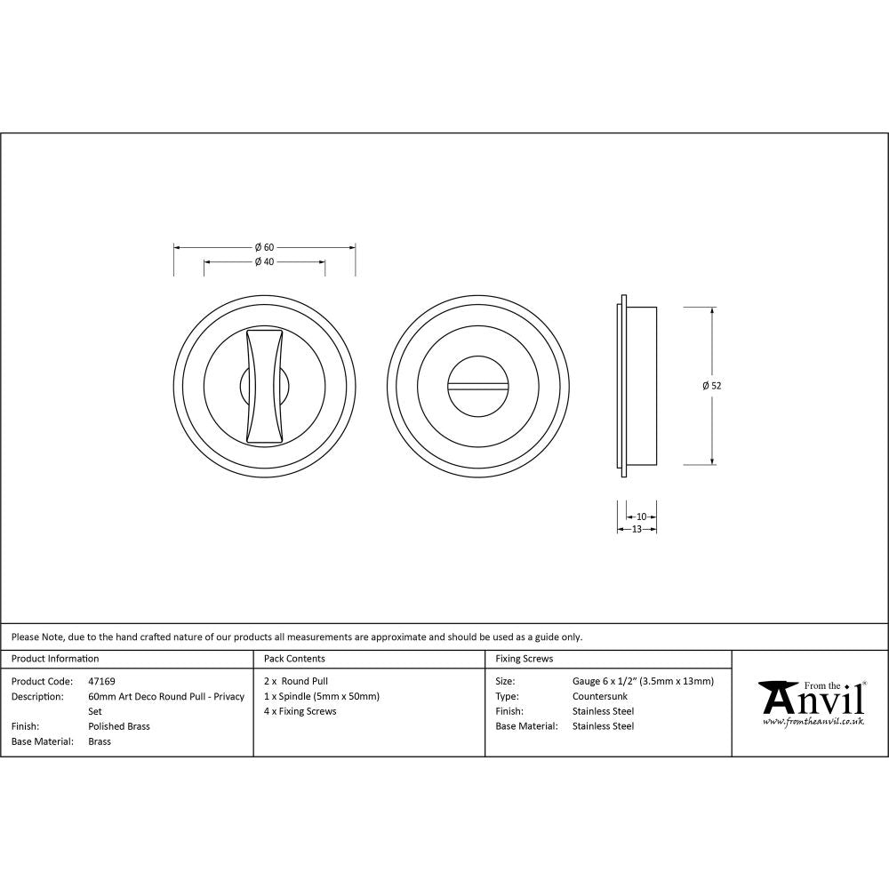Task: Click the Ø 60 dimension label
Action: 263,246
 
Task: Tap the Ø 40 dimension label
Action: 263,262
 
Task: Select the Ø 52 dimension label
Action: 710,386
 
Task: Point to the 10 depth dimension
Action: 641,517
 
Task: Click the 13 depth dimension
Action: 637,529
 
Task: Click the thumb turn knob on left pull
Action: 265,385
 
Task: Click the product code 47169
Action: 101,681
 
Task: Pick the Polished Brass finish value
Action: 119,726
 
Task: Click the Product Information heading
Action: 55,659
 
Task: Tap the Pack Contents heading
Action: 294,659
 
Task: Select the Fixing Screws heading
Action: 524,659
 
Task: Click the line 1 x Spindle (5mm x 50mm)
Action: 322,696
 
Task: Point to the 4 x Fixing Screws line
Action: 300,711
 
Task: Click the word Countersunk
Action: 600,696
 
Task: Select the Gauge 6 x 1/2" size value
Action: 643,681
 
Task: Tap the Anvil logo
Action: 811,699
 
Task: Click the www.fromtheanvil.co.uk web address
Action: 813,722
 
